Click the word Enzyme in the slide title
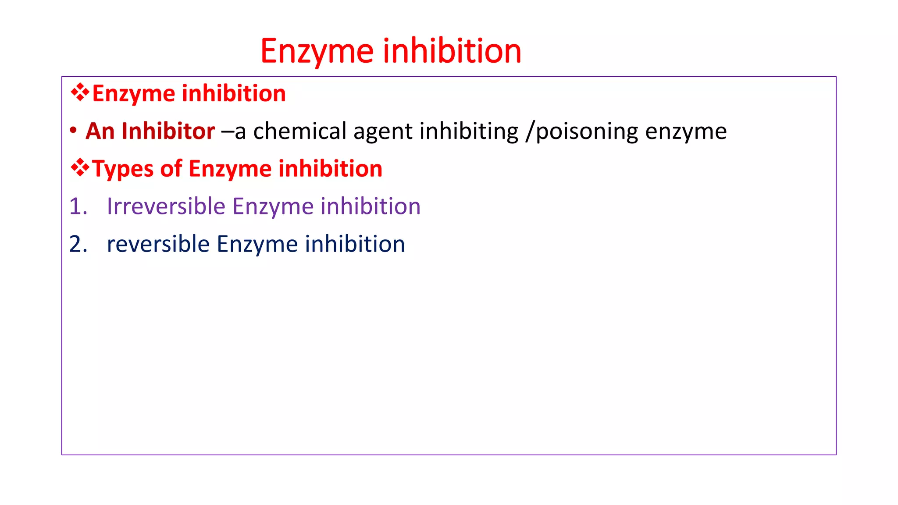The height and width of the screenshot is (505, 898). [317, 51]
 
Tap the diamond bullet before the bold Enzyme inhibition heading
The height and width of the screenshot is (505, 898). [80, 92]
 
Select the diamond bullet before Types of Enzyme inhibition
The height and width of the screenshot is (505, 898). [80, 168]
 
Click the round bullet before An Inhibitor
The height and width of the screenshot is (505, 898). [73, 131]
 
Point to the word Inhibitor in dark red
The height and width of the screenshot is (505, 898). [168, 131]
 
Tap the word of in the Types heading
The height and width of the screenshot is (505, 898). [171, 168]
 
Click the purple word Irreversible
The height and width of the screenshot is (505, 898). [166, 206]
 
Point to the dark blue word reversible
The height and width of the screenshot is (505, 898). [158, 244]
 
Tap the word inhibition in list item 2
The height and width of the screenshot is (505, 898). [355, 244]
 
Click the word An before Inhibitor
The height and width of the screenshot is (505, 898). [100, 131]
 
